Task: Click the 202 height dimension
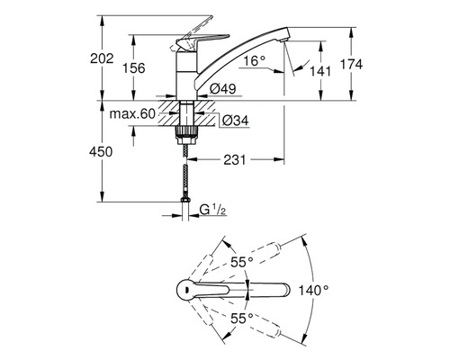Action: (102, 58)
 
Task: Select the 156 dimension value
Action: (134, 68)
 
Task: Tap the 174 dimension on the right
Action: (351, 65)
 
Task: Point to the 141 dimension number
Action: (320, 72)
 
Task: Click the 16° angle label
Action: (255, 61)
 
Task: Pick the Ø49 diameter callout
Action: (223, 89)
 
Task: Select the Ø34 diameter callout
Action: (236, 121)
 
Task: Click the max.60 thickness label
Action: (132, 114)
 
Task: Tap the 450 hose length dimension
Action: (101, 152)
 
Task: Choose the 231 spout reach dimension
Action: (235, 160)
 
